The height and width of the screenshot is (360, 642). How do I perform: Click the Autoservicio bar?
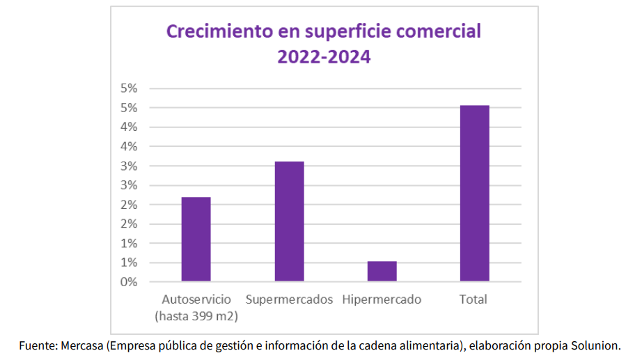click(196, 239)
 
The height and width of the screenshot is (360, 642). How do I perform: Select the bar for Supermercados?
click(289, 221)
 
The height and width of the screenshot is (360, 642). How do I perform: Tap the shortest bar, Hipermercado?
click(382, 271)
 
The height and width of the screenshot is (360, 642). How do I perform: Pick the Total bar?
click(474, 193)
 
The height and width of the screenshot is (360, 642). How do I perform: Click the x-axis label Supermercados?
click(289, 300)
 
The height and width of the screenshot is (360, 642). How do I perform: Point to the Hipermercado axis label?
click(382, 300)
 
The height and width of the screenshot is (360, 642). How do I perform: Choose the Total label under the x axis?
click(473, 300)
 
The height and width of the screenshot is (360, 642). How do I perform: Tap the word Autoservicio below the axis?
click(196, 300)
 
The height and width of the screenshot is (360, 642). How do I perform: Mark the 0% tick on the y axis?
click(129, 282)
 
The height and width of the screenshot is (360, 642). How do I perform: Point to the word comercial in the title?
click(443, 32)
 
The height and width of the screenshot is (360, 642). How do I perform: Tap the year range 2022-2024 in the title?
click(324, 57)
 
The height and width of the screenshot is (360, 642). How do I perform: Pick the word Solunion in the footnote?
click(597, 345)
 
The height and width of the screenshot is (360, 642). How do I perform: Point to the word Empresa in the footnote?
click(131, 345)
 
